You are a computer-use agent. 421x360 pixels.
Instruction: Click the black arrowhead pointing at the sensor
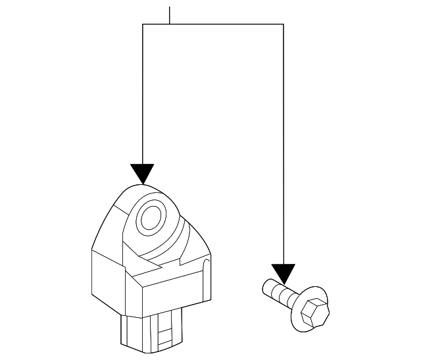point(142,173)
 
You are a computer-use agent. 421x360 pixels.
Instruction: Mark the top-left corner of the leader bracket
point(143,24)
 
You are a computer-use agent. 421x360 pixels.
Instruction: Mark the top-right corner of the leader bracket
point(283,24)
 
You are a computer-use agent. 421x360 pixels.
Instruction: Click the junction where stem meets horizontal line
point(170,24)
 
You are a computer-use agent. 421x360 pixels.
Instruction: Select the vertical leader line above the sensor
point(143,92)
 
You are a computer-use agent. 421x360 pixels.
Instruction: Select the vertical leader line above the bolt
point(283,145)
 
